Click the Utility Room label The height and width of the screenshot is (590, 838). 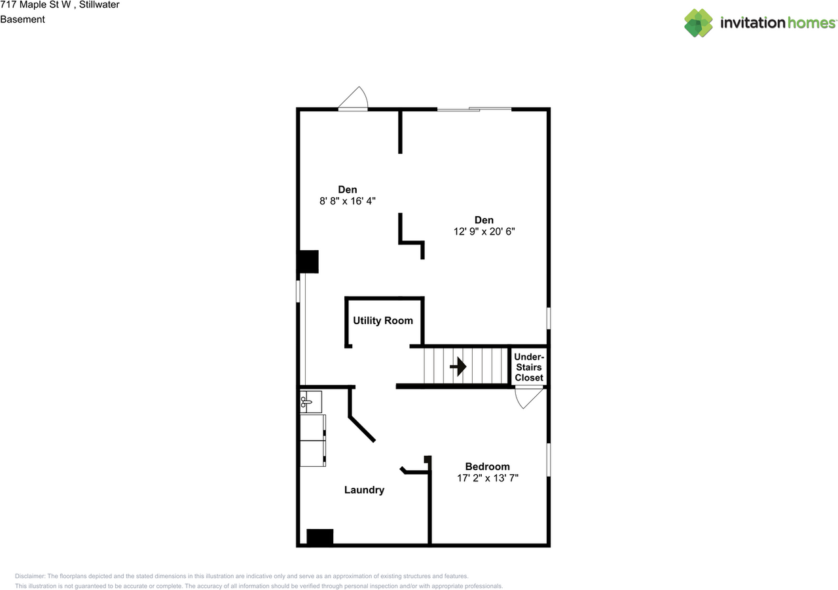[x=383, y=321]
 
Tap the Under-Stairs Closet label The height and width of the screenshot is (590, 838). [x=529, y=367]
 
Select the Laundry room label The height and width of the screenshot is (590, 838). [x=364, y=490]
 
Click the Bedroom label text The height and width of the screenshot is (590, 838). [x=487, y=467]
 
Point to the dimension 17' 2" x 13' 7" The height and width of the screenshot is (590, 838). [x=487, y=478]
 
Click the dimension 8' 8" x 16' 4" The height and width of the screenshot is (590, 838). [x=348, y=201]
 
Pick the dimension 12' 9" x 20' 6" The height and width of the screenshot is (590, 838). [x=484, y=231]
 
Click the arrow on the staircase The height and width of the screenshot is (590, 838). [x=458, y=367]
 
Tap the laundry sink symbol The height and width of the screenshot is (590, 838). [x=311, y=401]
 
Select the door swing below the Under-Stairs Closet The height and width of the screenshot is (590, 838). [x=529, y=397]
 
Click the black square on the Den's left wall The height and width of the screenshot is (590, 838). [x=308, y=261]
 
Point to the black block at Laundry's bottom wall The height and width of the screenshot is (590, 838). [x=320, y=537]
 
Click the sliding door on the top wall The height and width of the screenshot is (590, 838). [x=474, y=109]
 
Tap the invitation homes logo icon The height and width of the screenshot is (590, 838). [x=698, y=23]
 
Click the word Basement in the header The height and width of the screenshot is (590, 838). [x=22, y=19]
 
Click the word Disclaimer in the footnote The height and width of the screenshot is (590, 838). [x=30, y=576]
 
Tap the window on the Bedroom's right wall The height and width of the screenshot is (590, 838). [x=549, y=460]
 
